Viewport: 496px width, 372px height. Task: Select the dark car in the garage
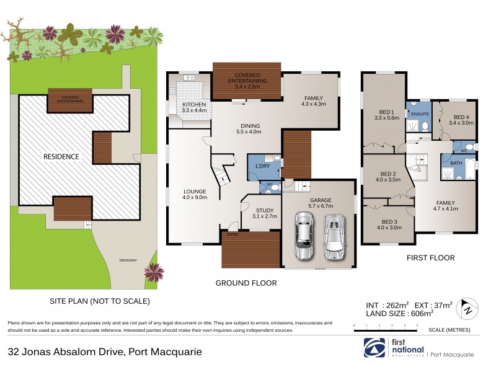click(x=304, y=237)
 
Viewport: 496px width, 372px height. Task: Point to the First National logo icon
click(x=370, y=346)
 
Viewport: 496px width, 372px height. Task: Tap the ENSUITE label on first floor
click(x=420, y=114)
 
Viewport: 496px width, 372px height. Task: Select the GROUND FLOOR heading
click(x=246, y=283)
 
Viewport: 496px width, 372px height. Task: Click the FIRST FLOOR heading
click(x=430, y=257)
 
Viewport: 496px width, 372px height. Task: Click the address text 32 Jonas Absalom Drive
click(x=105, y=352)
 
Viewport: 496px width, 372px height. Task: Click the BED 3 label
click(x=389, y=224)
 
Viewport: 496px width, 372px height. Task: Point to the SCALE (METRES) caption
click(x=449, y=330)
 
